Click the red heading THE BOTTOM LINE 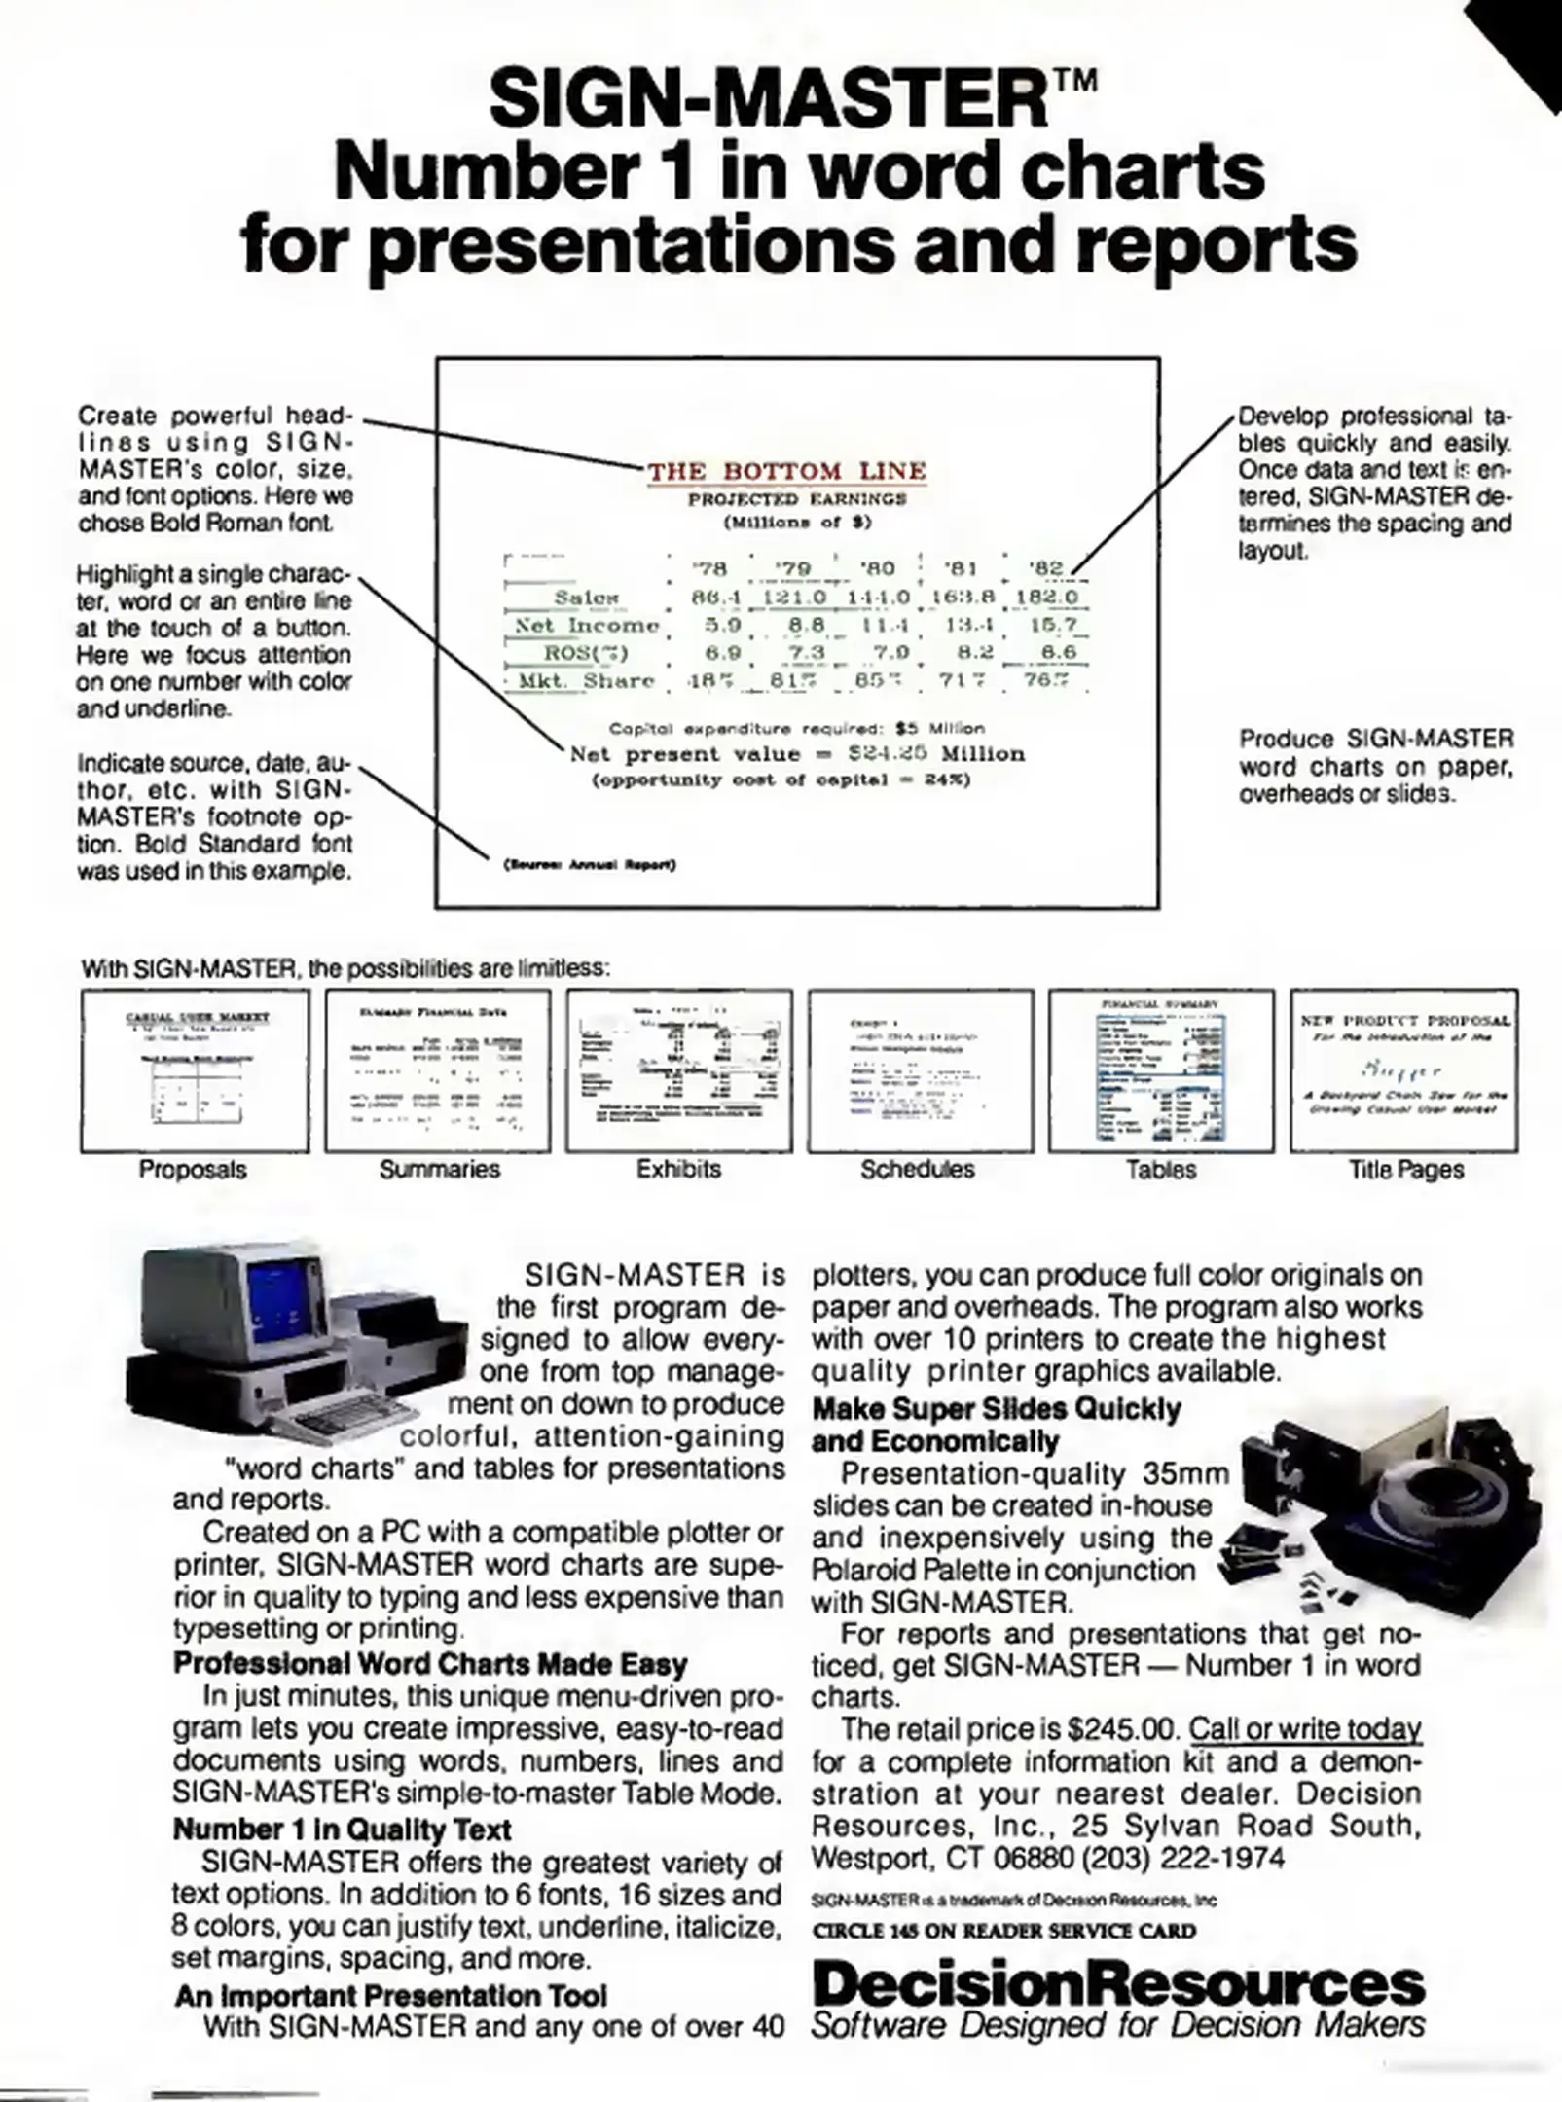coord(786,471)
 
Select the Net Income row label coord(587,625)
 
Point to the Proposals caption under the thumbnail coord(193,1169)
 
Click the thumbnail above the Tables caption coord(1160,1071)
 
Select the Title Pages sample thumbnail coord(1403,1071)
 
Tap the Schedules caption coord(917,1169)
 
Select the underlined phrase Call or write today coord(1305,1729)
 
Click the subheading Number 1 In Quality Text coord(342,1830)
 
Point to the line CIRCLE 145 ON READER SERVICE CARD coord(1003,1931)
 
